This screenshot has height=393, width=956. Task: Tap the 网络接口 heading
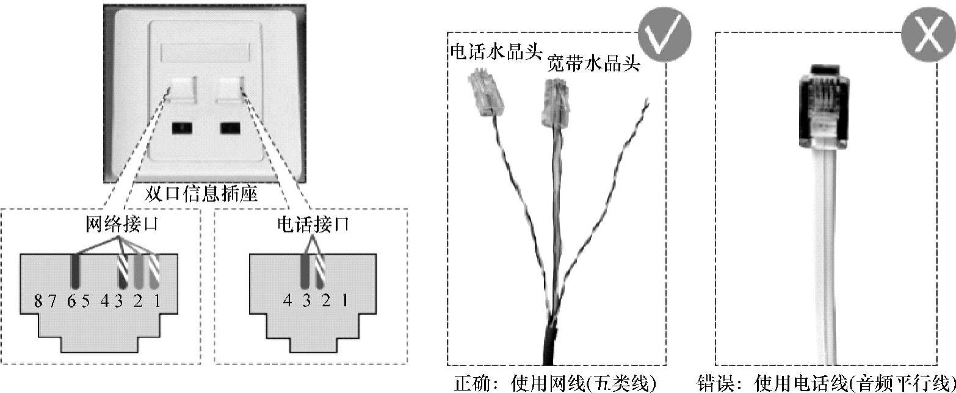coord(121,225)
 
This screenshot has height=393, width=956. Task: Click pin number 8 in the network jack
coord(38,301)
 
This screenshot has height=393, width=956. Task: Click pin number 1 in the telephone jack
coord(346,301)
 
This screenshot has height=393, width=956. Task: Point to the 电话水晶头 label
coord(496,51)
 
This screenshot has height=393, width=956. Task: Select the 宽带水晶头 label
coord(593,63)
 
